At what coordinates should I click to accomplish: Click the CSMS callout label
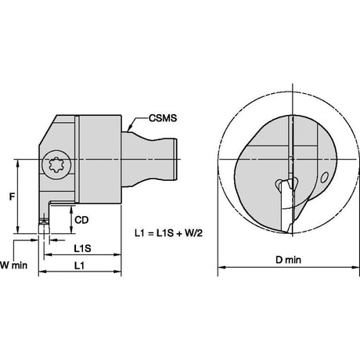pyautogui.click(x=163, y=118)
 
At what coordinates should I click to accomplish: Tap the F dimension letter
pyautogui.click(x=12, y=196)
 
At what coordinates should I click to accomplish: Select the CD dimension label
pyautogui.click(x=81, y=220)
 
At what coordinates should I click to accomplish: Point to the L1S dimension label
pyautogui.click(x=82, y=248)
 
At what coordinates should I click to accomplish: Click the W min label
pyautogui.click(x=13, y=265)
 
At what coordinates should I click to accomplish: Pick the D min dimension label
pyautogui.click(x=288, y=260)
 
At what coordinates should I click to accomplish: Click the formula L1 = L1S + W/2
pyautogui.click(x=168, y=232)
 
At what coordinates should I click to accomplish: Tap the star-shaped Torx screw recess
pyautogui.click(x=56, y=165)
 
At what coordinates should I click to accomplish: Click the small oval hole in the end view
pyautogui.click(x=324, y=178)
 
